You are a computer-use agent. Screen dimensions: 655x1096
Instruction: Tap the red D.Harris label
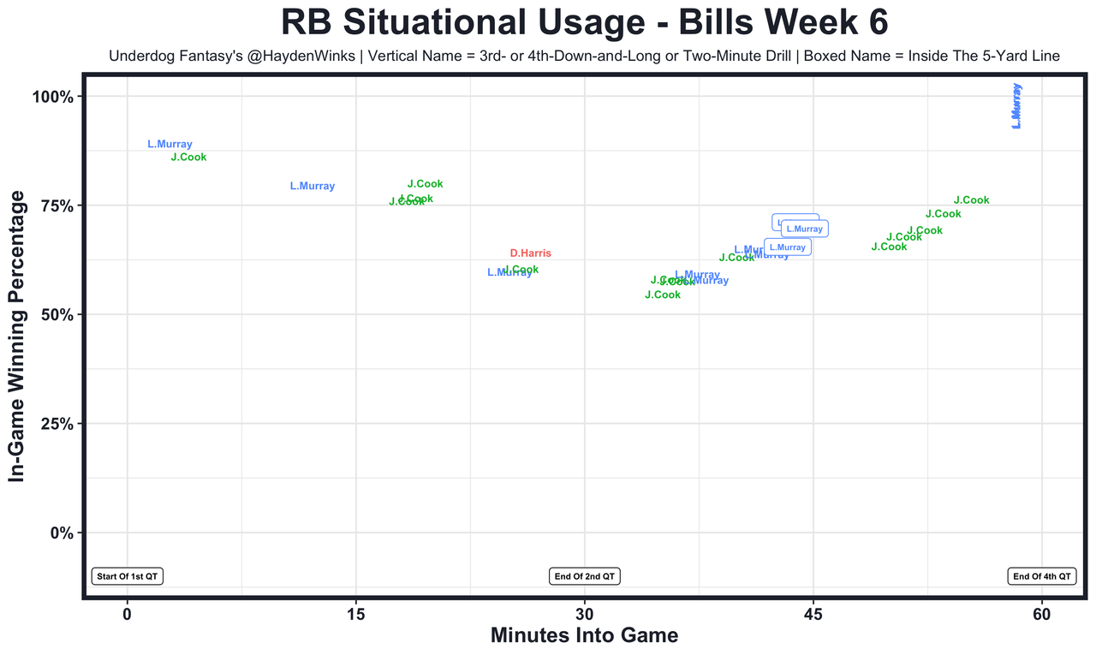coord(530,253)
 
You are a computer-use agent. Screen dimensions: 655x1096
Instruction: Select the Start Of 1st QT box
coord(128,576)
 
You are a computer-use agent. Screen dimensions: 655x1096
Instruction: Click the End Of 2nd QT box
coord(585,576)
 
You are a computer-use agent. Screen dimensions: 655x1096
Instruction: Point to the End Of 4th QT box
coord(1042,576)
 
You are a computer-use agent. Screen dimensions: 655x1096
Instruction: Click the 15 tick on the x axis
coord(355,614)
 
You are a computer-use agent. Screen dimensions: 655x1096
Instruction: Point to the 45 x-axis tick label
coord(813,614)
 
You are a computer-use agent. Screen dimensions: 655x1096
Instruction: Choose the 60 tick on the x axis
coord(1042,614)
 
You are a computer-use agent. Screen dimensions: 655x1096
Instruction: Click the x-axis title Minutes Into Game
coord(584,636)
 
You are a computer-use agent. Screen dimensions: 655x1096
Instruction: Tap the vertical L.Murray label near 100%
coord(1016,106)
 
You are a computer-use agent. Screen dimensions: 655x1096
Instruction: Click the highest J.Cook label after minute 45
coord(971,200)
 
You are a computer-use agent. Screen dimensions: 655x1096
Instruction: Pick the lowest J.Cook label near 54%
coord(662,295)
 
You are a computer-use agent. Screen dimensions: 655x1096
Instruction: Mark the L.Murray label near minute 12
coord(313,187)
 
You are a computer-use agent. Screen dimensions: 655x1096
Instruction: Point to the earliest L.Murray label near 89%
coord(170,145)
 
